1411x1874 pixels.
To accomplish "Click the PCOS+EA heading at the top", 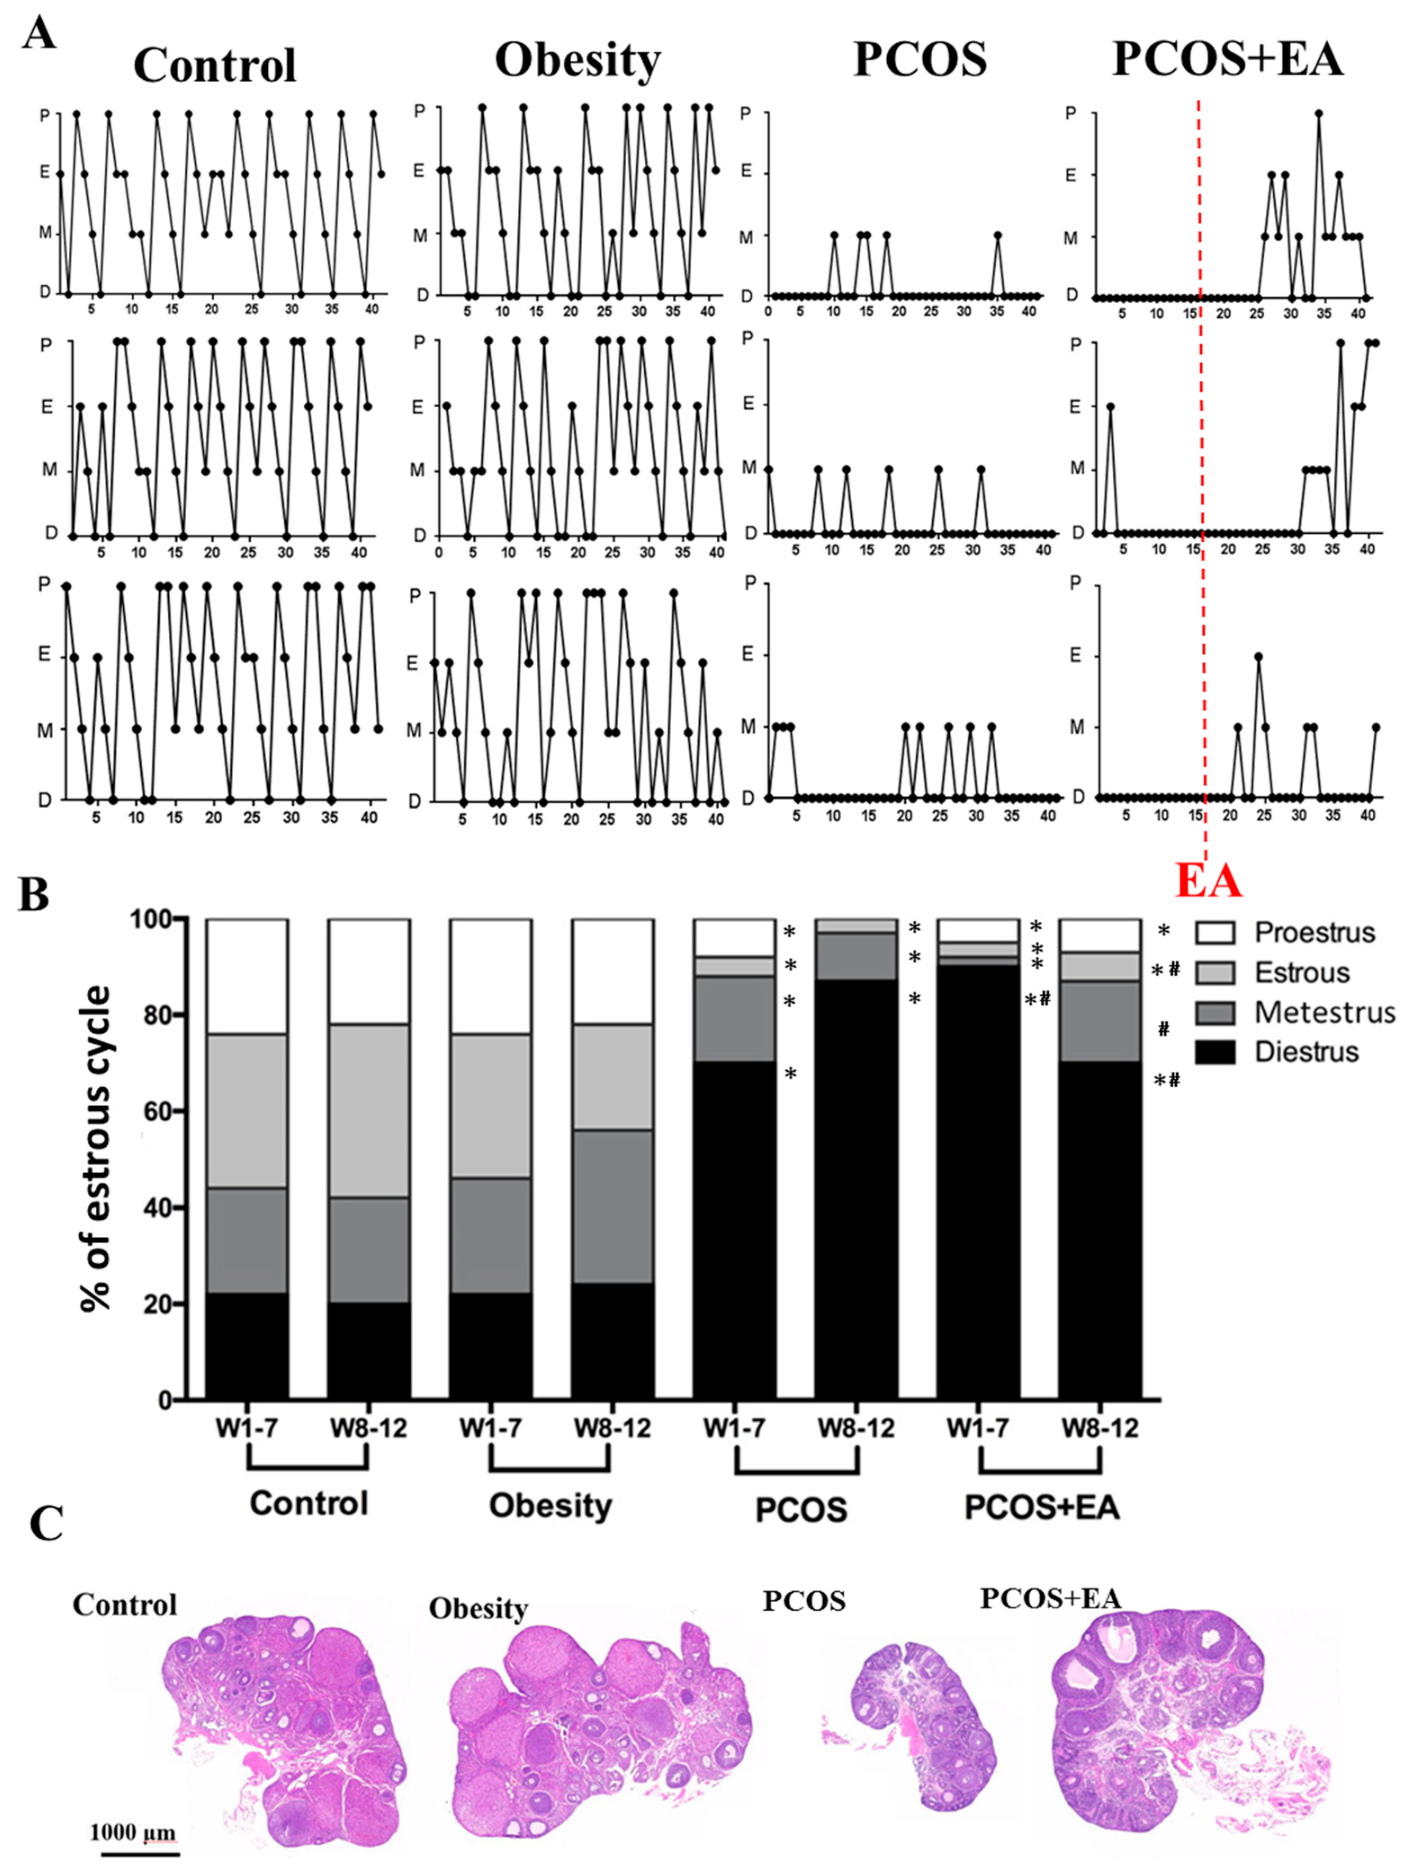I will tap(1227, 59).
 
